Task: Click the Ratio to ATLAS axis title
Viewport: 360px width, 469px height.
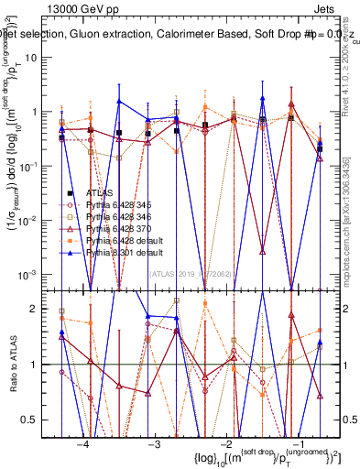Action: [x=12, y=361]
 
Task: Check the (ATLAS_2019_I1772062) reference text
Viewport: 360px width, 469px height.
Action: [x=189, y=273]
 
